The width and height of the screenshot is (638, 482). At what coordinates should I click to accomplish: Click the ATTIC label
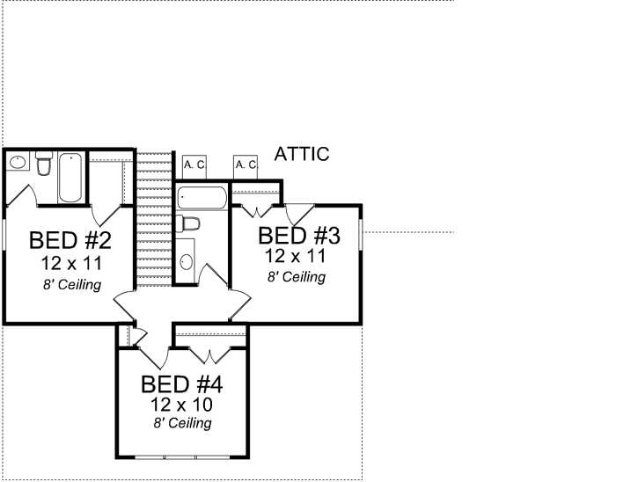(x=302, y=155)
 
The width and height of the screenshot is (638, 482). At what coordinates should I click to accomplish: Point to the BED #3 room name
(x=298, y=236)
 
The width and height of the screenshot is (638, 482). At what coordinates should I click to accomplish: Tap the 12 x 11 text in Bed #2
(x=70, y=263)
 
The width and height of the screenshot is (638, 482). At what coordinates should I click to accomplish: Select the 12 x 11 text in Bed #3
(x=297, y=256)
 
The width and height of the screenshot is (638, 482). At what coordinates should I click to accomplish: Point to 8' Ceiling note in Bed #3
(x=297, y=276)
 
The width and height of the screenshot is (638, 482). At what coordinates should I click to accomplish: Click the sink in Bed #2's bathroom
(x=17, y=163)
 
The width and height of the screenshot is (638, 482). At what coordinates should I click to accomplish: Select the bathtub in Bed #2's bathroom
(x=70, y=178)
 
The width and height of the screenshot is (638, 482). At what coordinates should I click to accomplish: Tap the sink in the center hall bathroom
(x=185, y=261)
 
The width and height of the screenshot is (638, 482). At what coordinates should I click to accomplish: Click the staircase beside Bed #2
(x=153, y=220)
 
